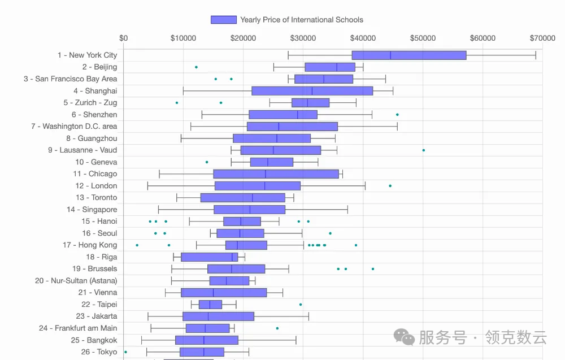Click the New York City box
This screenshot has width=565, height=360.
(x=409, y=55)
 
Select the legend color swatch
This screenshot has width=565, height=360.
(x=223, y=20)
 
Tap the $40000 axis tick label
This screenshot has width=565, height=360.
(x=363, y=38)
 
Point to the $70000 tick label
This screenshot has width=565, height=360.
(x=542, y=38)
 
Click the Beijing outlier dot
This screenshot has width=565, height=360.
(x=196, y=67)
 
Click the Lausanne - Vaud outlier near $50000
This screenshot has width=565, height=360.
(x=424, y=150)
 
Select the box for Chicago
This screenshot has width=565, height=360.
(x=276, y=174)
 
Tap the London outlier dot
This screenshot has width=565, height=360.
(x=390, y=186)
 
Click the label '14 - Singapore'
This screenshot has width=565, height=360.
(x=92, y=210)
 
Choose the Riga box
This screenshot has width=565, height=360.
(x=209, y=257)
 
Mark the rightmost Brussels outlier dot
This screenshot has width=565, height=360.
(x=373, y=269)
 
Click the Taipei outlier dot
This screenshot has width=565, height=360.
(x=301, y=305)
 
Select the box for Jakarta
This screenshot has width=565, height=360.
(x=218, y=316)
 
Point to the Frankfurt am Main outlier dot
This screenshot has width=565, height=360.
(x=277, y=328)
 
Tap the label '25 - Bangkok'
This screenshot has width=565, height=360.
(x=94, y=340)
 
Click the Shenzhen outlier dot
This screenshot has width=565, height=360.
(x=397, y=115)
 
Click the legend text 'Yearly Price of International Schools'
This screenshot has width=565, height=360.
(x=302, y=20)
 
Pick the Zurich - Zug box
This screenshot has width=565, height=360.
(x=310, y=103)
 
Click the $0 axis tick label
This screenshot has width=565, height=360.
(x=124, y=38)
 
